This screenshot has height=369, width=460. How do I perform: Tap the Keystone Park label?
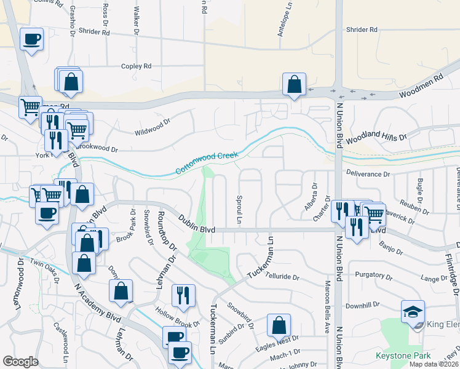tap(403, 355)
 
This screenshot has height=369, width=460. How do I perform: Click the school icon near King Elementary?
tap(413, 312)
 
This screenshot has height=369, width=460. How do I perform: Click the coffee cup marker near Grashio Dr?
tap(31, 39)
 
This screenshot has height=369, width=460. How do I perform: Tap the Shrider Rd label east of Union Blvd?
tap(362, 30)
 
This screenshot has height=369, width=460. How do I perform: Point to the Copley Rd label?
tap(136, 66)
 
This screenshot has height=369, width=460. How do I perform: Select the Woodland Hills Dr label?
tap(376, 138)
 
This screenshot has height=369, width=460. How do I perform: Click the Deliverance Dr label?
tap(368, 174)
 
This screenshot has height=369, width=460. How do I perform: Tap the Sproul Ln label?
tap(239, 210)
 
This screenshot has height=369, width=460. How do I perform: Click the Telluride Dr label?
tap(283, 277)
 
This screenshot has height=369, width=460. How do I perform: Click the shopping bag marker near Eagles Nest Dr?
tap(279, 325)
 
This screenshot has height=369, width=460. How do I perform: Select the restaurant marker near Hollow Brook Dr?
tap(183, 295)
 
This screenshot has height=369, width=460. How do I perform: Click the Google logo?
tap(20, 362)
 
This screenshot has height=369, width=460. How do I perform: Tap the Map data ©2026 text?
tap(433, 364)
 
